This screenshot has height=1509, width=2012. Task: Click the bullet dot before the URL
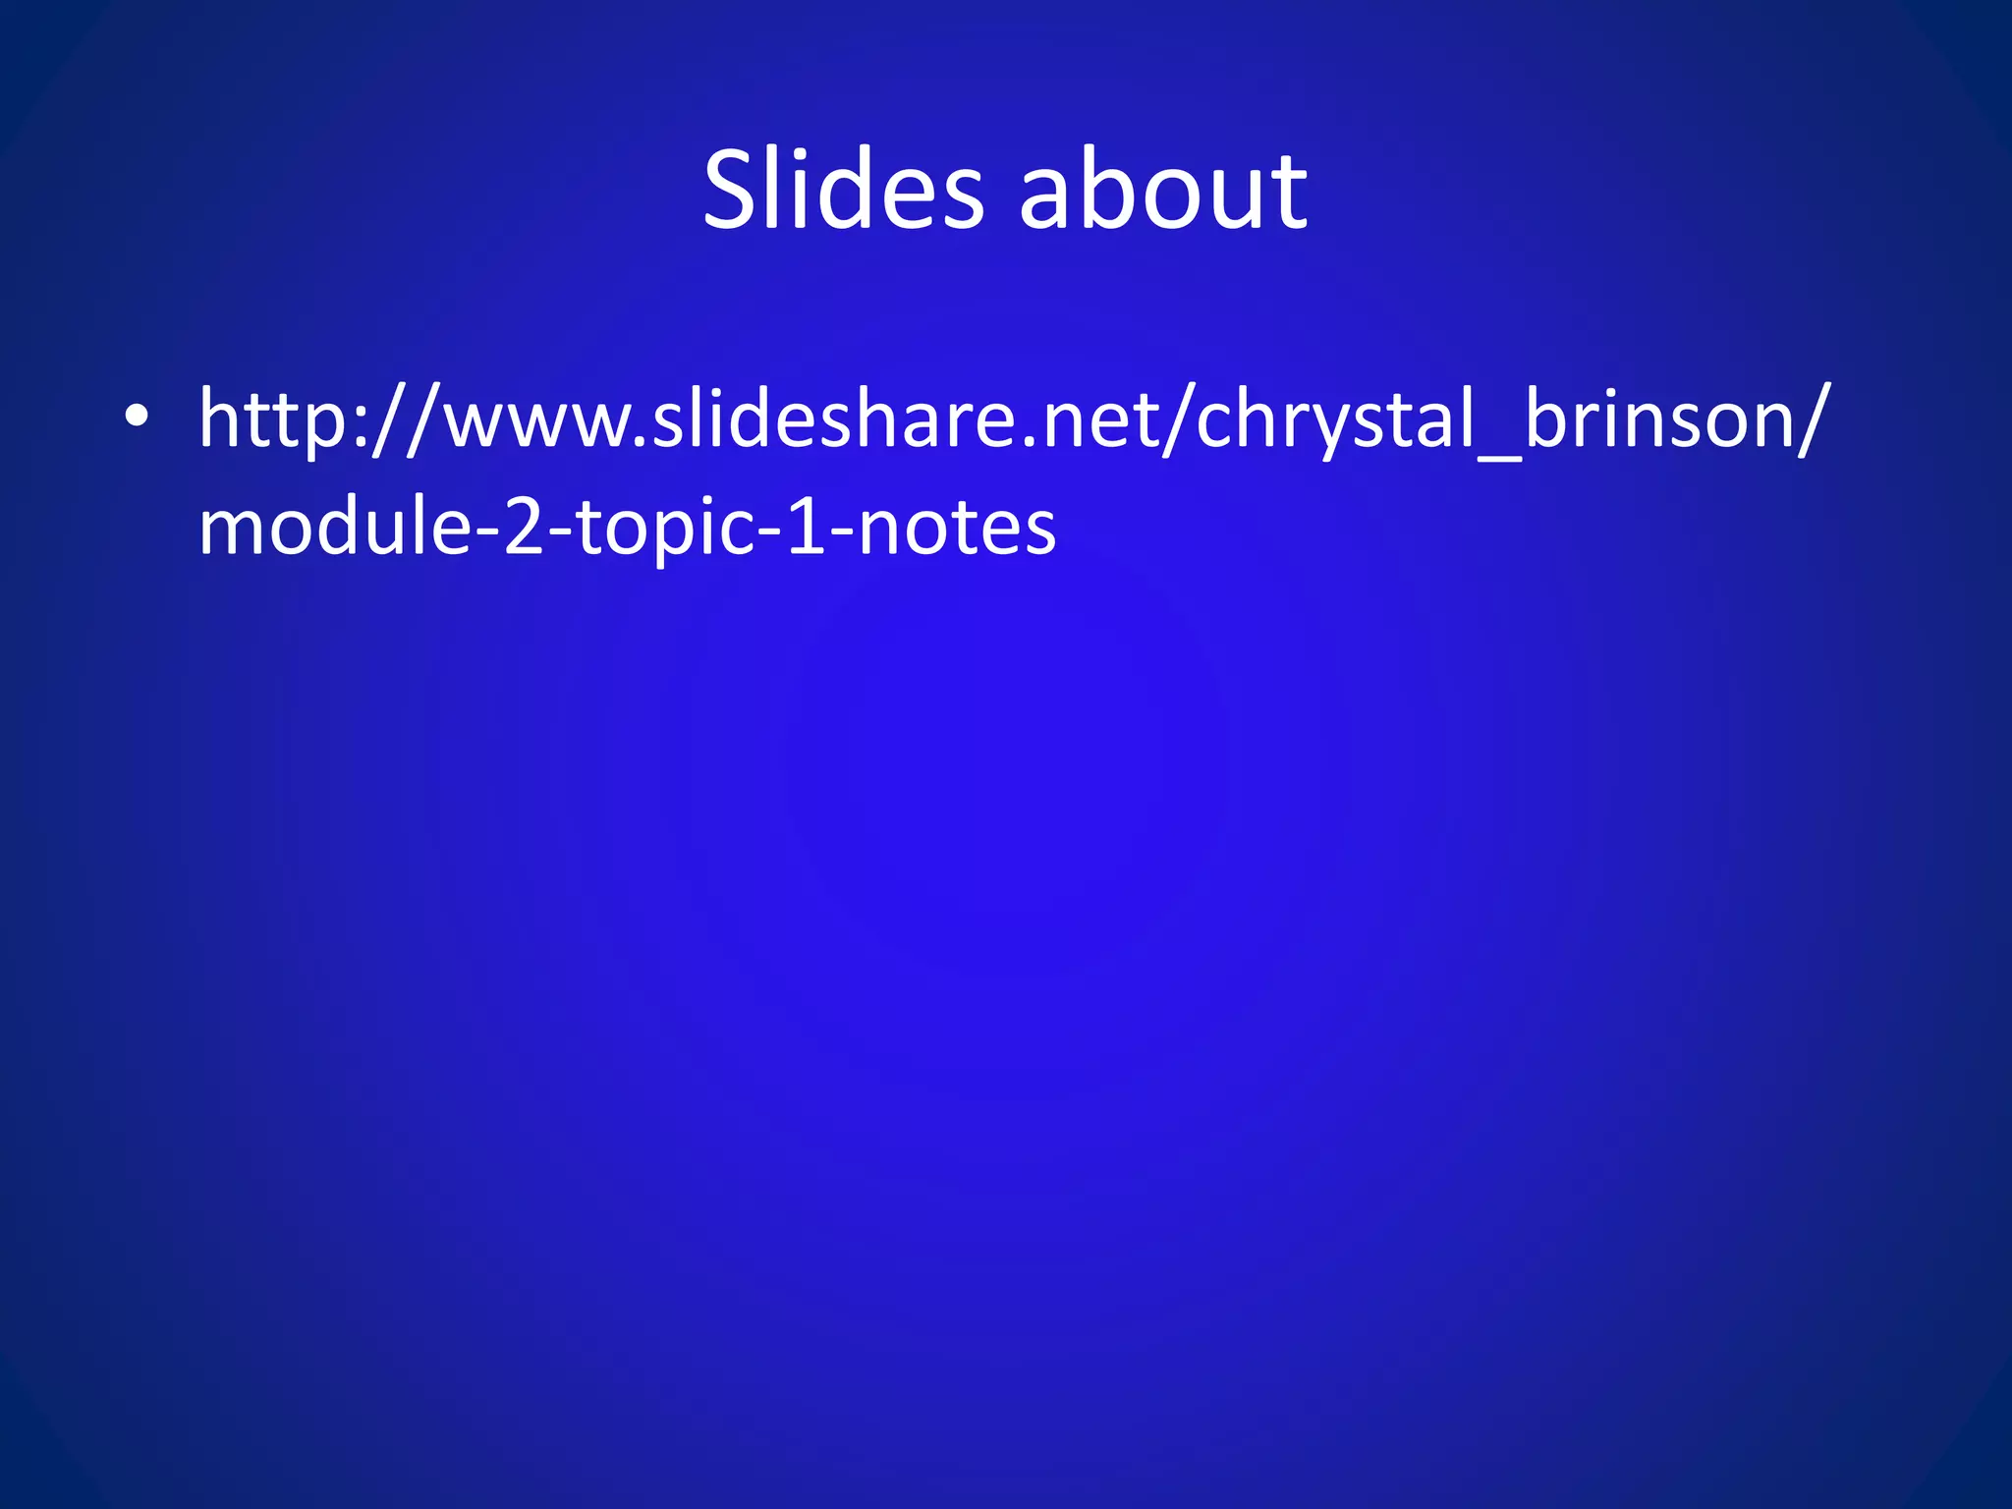pyautogui.click(x=137, y=417)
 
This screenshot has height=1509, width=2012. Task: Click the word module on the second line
pyautogui.click(x=335, y=525)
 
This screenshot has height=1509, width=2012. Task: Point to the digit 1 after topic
pyautogui.click(x=806, y=527)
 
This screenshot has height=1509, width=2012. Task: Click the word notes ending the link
pyautogui.click(x=957, y=527)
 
